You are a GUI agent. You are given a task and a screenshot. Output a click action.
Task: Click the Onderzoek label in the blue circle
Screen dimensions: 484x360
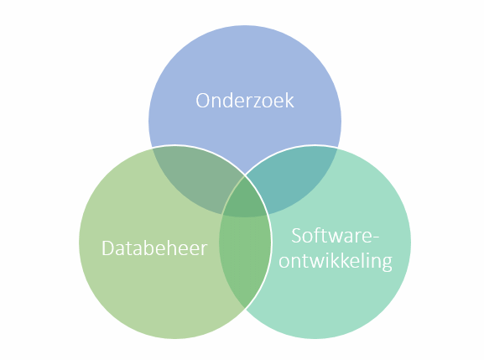coord(245,101)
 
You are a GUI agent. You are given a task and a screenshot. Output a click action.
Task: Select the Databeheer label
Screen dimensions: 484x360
coord(154,248)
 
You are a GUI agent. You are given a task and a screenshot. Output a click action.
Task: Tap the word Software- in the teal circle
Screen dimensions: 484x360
coord(335,235)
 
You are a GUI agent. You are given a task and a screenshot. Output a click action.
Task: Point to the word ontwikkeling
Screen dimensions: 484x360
coord(336,261)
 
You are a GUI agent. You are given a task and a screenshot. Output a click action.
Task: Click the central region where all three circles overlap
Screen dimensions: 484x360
coord(245,197)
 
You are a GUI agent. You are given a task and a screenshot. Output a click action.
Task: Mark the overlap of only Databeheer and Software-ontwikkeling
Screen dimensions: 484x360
coord(245,259)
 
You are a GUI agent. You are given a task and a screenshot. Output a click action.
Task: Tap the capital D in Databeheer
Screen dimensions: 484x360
coord(107,248)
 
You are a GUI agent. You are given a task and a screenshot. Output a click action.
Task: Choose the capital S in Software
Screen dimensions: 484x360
coord(296,236)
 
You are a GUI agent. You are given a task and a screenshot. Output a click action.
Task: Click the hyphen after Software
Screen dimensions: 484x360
coord(376,237)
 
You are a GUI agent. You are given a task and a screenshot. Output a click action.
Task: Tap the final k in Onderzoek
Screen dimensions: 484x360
coord(290,101)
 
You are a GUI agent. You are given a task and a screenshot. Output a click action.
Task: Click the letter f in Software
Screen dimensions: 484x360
coord(317,235)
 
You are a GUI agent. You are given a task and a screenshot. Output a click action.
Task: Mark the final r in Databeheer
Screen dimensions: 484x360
coord(204,250)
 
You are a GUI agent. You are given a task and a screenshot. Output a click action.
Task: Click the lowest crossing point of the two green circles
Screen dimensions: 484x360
coord(245,308)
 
